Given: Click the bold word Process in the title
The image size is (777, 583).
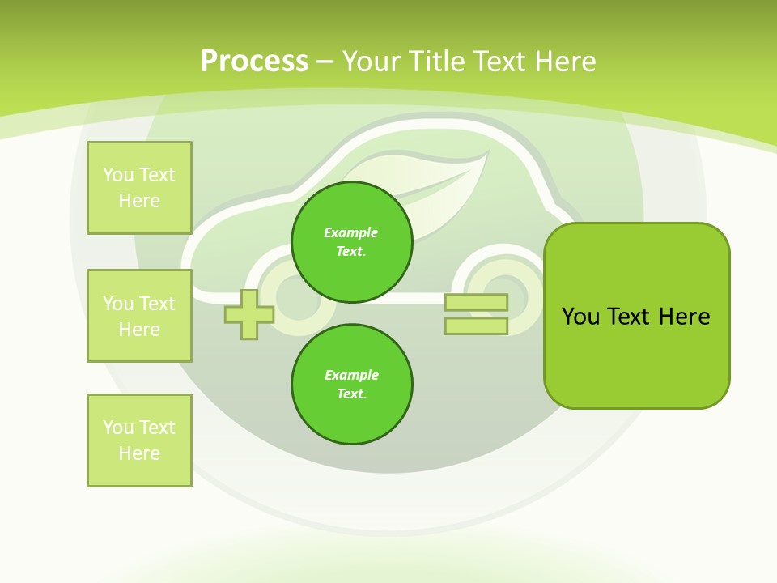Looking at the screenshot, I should (254, 61).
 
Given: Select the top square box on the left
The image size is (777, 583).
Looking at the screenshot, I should (139, 188).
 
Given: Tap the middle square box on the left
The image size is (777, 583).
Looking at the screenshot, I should (139, 316).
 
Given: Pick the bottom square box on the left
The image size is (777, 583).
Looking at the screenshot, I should (139, 440).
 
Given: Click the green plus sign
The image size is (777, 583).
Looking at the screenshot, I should (248, 314).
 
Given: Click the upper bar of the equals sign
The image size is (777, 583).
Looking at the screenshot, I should (476, 303).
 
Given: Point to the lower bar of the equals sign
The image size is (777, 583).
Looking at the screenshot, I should (476, 326).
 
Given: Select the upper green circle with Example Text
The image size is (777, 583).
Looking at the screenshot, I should (351, 241).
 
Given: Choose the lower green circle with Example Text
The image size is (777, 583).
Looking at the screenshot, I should (351, 384).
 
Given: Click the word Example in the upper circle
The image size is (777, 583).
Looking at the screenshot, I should (351, 232).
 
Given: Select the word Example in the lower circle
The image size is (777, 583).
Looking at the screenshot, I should (351, 375).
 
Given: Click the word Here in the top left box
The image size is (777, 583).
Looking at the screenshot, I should (139, 201).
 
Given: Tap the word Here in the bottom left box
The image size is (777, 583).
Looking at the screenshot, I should (139, 453).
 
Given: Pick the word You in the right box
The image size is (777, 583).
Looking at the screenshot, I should (581, 317).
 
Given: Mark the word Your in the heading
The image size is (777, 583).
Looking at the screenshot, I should (371, 62).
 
